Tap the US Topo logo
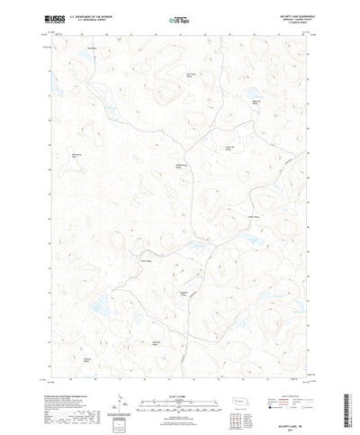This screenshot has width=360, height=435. click(179, 18)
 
